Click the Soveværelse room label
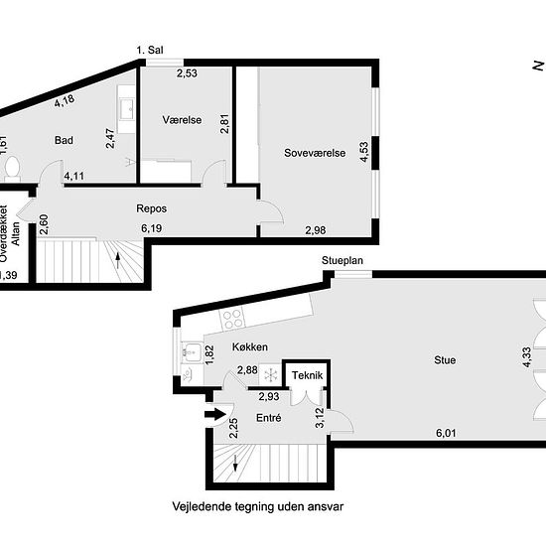(x=315, y=153)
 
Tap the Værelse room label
(x=182, y=120)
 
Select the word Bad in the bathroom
(x=64, y=140)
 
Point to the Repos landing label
(x=152, y=208)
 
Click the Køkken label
(x=250, y=347)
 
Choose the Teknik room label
(x=307, y=375)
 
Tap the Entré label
(x=268, y=418)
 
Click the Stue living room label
(x=445, y=360)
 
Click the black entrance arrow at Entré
(x=214, y=414)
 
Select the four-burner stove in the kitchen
(x=232, y=320)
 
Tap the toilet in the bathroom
(x=13, y=168)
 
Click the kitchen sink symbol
(x=192, y=351)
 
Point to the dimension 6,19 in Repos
(x=152, y=228)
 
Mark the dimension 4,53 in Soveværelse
(x=364, y=152)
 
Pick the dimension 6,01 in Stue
(x=446, y=433)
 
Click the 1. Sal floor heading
(x=150, y=51)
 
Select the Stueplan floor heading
(x=342, y=260)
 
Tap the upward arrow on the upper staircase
(x=118, y=260)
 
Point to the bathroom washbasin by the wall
(x=126, y=109)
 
